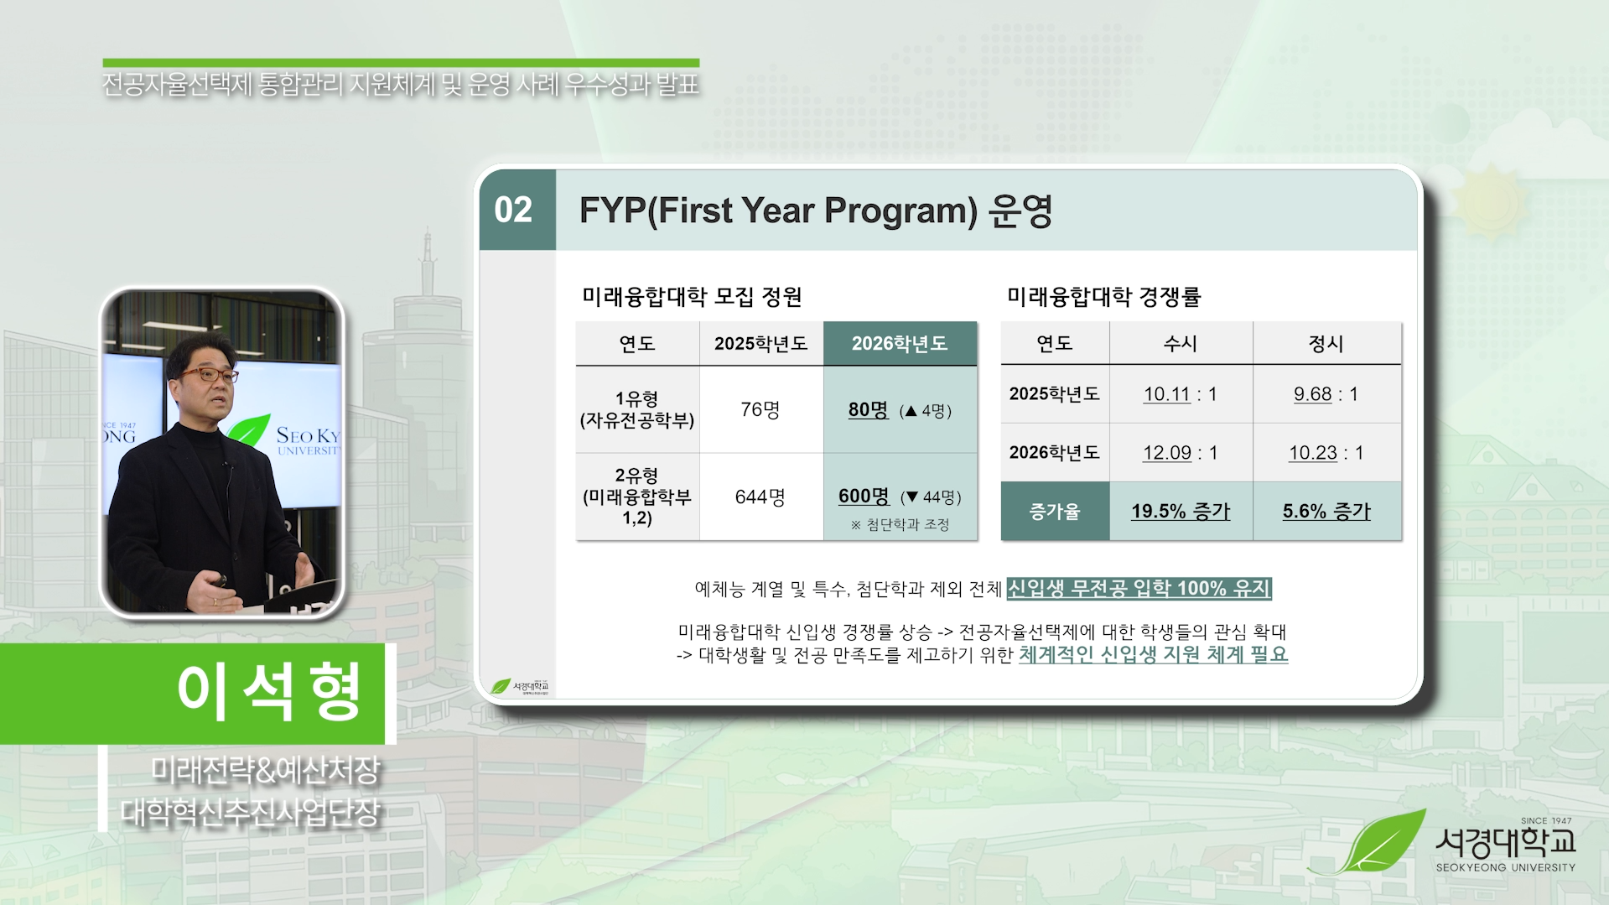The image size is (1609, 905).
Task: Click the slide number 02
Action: coord(513,210)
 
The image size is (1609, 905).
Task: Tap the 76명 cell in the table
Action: coord(760,409)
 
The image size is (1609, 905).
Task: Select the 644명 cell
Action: coord(760,497)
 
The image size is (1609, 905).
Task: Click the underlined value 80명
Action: coord(868,409)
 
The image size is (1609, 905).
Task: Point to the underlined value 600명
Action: coord(864,496)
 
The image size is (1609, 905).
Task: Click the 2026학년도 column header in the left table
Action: coord(899,343)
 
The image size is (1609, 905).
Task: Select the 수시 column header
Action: coord(1180,343)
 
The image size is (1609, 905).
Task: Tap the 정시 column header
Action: coord(1326,343)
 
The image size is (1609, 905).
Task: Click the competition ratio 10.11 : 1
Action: coord(1180,394)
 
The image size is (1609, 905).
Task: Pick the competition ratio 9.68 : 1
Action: coord(1326,394)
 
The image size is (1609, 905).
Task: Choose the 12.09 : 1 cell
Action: coord(1180,453)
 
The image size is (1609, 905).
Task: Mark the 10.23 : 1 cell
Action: coord(1326,453)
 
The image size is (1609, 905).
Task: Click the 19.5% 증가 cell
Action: coord(1180,511)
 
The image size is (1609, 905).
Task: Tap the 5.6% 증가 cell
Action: coord(1326,511)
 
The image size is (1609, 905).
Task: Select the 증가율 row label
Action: coord(1054,511)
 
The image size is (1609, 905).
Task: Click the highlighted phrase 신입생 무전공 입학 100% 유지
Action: coord(1139,589)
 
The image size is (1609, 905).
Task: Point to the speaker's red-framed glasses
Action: coord(209,375)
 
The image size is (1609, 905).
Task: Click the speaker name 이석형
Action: coord(268,692)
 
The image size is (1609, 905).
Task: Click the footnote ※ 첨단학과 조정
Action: coord(900,525)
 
